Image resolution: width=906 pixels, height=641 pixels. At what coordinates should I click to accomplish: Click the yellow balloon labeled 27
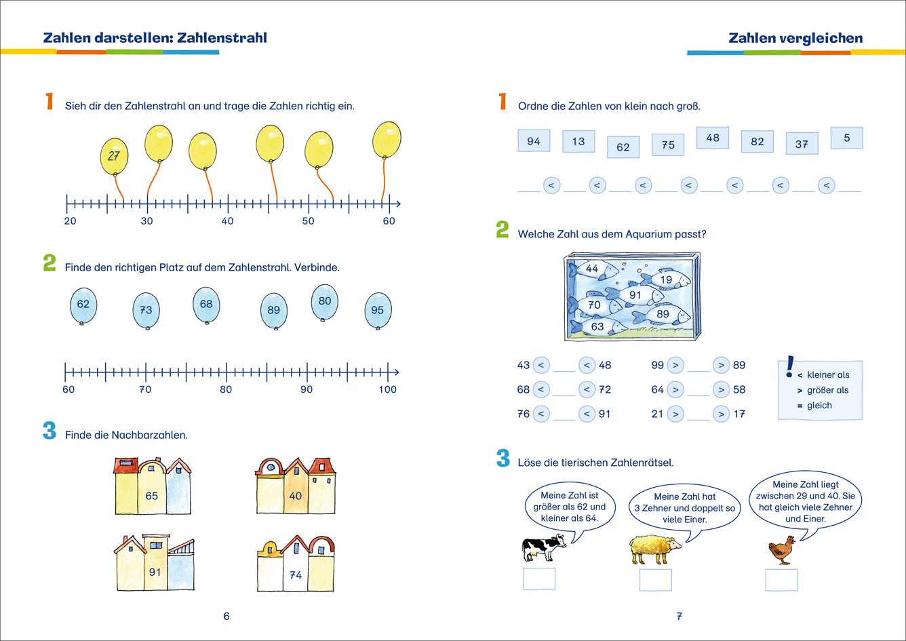click(114, 155)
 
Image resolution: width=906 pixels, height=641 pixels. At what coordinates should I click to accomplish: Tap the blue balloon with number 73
click(146, 310)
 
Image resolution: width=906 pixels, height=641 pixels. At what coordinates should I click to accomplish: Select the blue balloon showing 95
click(378, 310)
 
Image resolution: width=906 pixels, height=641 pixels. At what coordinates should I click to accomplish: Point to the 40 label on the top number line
click(227, 221)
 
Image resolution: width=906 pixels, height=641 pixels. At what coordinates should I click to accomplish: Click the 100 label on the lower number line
click(387, 389)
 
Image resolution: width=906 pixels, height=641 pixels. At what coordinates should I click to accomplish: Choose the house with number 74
click(296, 570)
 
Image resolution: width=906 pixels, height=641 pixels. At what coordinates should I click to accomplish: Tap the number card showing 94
click(534, 141)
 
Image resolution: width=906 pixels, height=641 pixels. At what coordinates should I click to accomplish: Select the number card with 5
click(847, 138)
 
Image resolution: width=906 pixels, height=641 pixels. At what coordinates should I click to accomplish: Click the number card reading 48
click(713, 138)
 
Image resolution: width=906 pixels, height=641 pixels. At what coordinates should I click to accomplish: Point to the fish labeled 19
click(665, 279)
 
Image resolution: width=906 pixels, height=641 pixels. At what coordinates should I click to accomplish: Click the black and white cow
click(543, 546)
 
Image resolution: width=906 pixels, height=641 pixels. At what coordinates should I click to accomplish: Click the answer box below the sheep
click(656, 580)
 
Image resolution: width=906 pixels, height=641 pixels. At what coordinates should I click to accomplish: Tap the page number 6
click(226, 616)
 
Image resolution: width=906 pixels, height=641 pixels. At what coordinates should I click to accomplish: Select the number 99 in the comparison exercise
click(657, 365)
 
